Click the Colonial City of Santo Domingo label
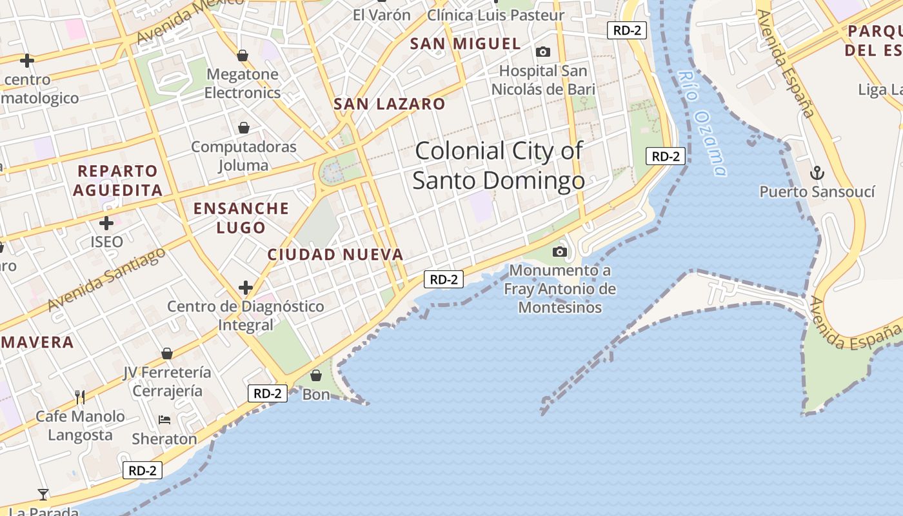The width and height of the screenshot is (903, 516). (x=498, y=166)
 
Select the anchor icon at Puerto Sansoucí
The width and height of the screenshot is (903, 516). (x=817, y=173)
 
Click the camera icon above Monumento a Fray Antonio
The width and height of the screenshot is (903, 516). (x=560, y=252)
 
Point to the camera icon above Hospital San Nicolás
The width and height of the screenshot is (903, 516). (x=543, y=52)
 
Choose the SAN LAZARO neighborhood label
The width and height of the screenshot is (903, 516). (x=389, y=104)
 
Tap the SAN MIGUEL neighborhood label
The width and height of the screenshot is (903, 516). (x=465, y=44)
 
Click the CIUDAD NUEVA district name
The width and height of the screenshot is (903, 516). (x=335, y=255)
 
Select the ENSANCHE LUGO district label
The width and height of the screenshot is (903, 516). (x=241, y=217)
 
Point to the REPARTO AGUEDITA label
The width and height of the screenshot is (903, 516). (x=117, y=181)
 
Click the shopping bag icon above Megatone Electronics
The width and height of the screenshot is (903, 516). (x=243, y=56)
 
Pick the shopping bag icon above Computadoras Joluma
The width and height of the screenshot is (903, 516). (x=244, y=128)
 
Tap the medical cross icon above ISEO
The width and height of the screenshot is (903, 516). (x=106, y=224)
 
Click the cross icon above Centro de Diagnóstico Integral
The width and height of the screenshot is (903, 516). (x=246, y=287)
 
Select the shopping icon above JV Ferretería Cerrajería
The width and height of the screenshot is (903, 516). (x=167, y=353)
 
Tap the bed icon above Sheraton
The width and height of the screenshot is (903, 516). (x=164, y=420)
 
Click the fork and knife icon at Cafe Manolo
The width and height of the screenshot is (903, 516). (x=80, y=396)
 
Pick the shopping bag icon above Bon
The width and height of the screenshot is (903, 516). (x=316, y=375)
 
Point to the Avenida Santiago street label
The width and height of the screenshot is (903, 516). (x=106, y=279)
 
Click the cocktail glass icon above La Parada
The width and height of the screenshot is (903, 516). (x=43, y=495)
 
